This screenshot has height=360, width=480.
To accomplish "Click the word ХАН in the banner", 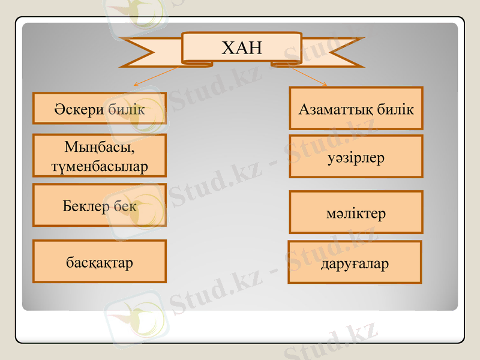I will point(242,47).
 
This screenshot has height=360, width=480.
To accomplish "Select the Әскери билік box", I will point(100,109).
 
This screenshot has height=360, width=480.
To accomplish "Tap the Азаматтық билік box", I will point(356,109).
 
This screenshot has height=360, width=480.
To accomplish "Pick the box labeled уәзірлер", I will point(356,157).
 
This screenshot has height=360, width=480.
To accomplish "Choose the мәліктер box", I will point(356,212).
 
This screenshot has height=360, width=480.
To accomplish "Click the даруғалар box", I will point(355,262).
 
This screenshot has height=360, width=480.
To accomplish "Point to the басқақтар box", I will point(100,262).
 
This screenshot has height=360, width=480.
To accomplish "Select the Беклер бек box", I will point(100,205).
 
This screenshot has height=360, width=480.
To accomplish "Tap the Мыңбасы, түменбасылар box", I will point(100,155).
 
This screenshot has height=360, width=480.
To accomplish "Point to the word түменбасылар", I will point(100,166).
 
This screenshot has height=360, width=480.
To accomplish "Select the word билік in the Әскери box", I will point(127,109).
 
